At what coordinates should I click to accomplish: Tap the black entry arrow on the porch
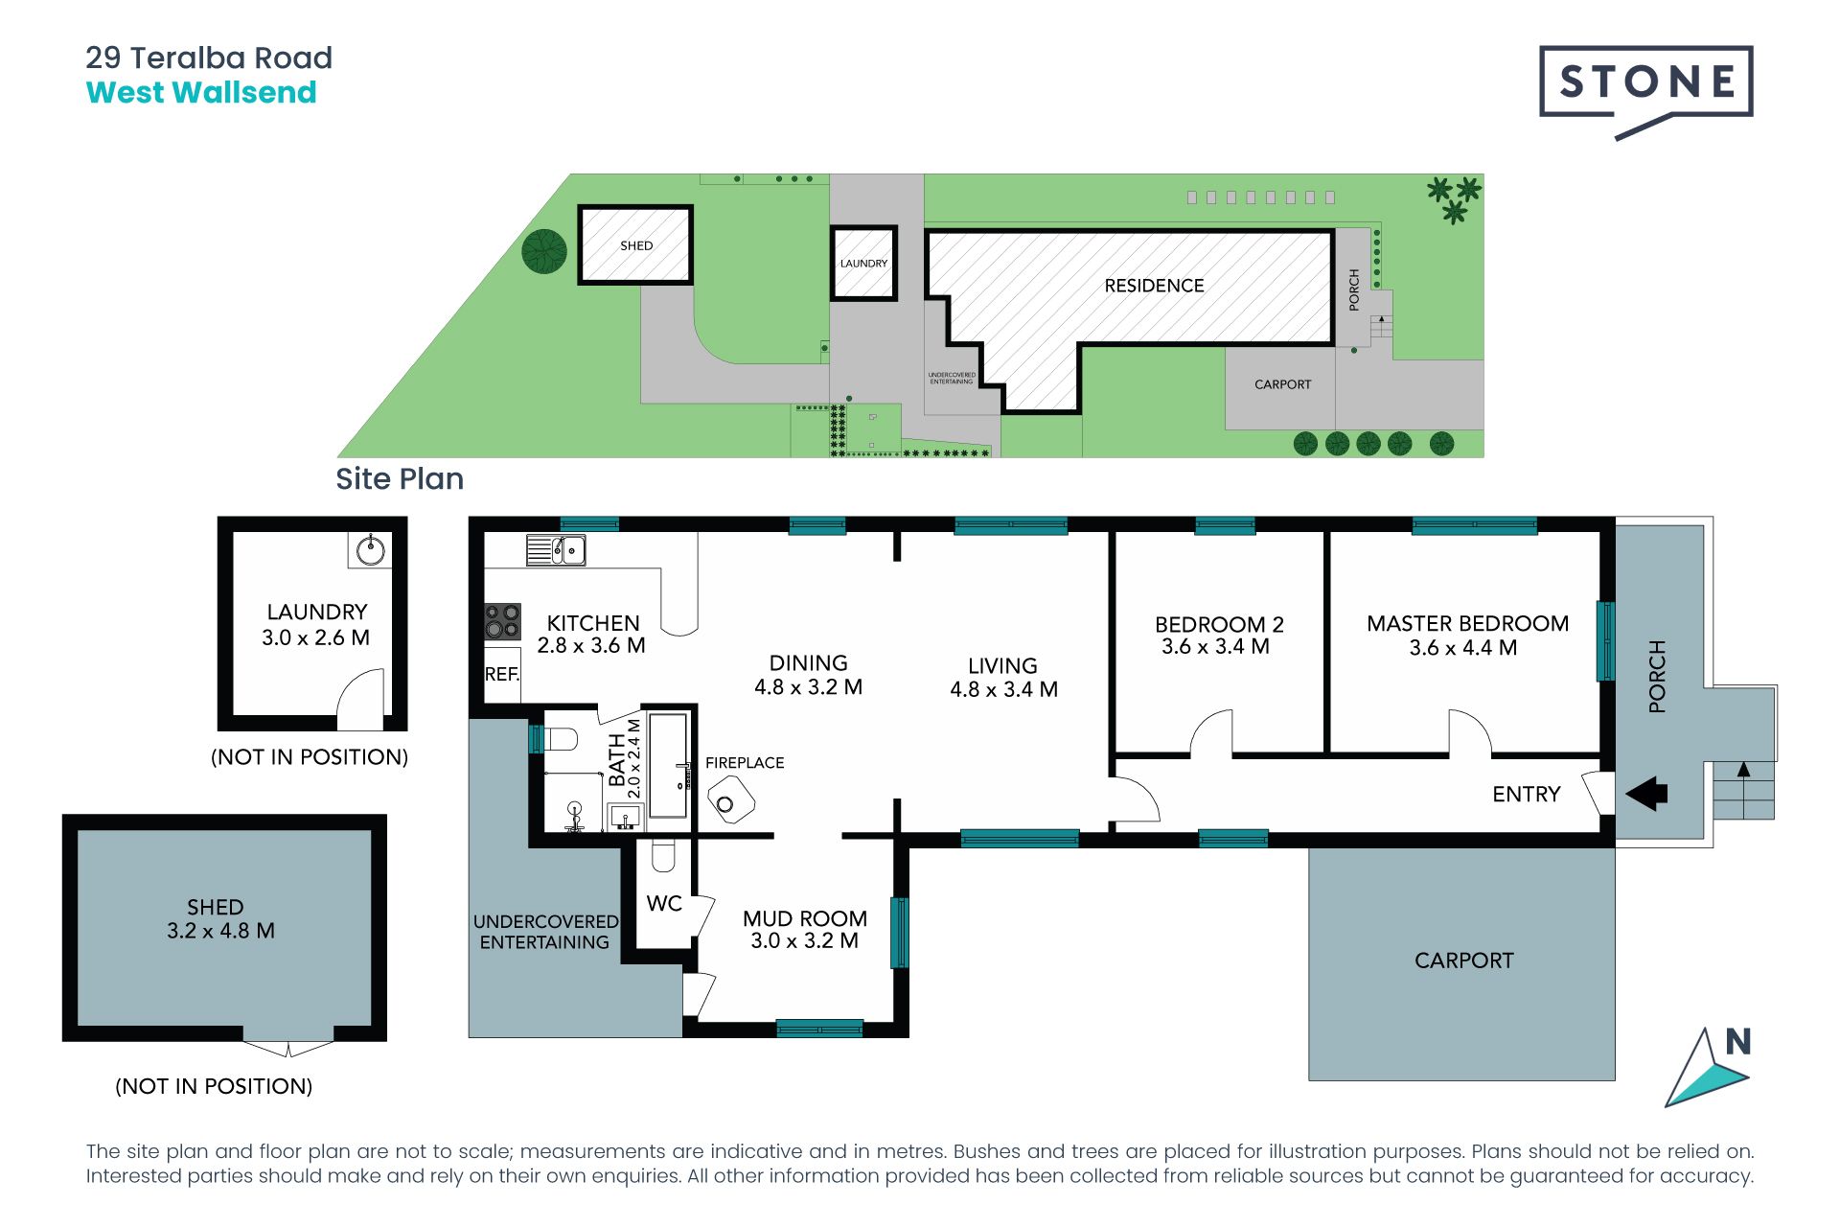coord(1646,794)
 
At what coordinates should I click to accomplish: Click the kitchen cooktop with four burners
coord(502,621)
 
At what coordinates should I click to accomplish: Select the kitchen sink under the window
coord(556,550)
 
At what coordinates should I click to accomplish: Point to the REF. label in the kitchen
coord(502,674)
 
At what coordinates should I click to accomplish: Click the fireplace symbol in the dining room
coord(730,799)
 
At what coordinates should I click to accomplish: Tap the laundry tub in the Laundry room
coord(371,549)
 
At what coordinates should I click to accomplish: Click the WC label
coord(664,903)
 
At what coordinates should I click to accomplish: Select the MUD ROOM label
coord(805,918)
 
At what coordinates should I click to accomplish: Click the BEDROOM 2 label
coord(1219,624)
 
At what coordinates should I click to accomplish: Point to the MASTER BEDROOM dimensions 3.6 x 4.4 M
coord(1463,648)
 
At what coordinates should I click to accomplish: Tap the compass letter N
coord(1738,1041)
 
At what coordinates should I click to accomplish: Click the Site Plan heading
coord(400,478)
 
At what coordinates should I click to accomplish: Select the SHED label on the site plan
coord(636,245)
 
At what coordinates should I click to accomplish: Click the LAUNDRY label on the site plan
coord(863,263)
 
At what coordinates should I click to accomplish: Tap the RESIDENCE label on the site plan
coord(1154,286)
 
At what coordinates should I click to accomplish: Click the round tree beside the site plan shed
coord(544,251)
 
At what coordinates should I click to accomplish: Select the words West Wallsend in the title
coord(201,92)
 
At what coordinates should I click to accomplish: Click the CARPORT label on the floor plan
coord(1464,961)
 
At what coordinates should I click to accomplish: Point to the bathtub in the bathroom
coord(668,765)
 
